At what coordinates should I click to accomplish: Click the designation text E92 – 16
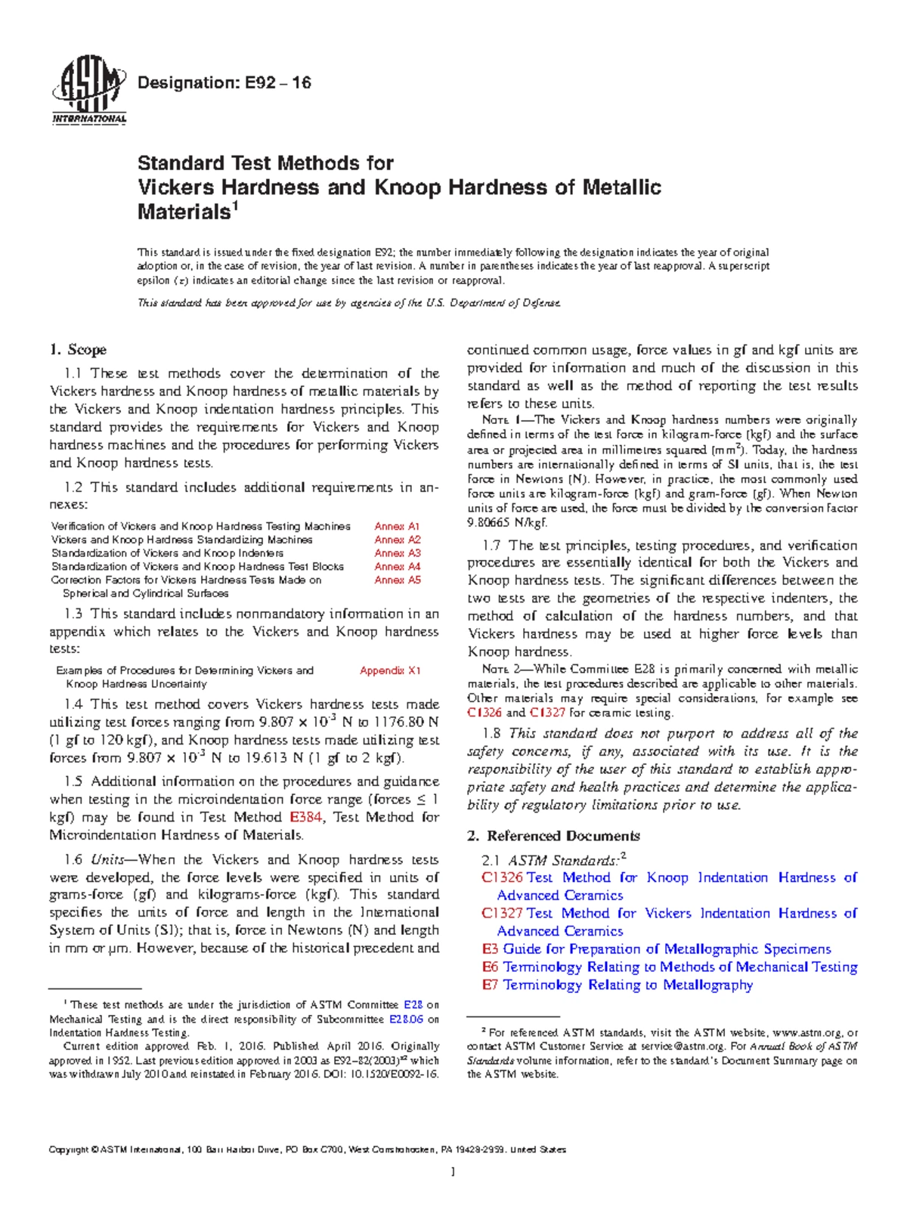click(223, 83)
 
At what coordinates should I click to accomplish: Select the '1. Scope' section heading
click(78, 350)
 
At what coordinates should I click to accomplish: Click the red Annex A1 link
click(397, 526)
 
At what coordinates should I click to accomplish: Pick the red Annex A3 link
click(397, 553)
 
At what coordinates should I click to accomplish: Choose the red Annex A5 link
click(397, 580)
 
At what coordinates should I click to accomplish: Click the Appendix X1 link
click(390, 670)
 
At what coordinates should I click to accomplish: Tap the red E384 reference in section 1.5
click(306, 817)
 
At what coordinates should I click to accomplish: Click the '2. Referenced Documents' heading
click(553, 836)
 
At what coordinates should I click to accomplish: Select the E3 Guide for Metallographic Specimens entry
click(656, 949)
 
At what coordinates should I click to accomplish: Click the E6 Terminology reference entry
click(669, 967)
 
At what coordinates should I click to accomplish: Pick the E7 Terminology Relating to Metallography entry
click(617, 985)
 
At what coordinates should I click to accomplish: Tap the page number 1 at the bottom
click(453, 1173)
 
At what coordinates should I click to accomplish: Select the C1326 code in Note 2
click(484, 713)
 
